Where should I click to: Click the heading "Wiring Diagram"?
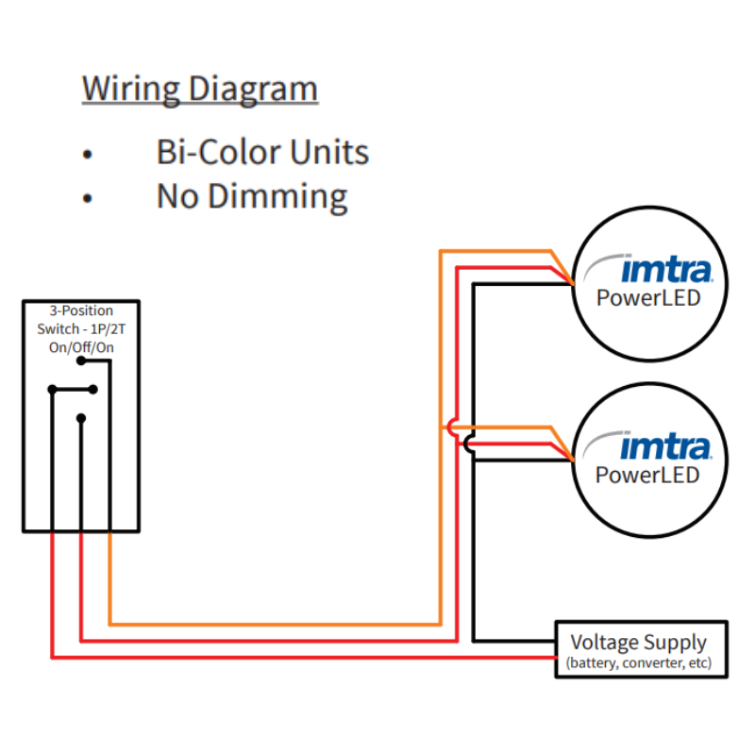tap(200, 89)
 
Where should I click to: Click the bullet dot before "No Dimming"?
tap(88, 198)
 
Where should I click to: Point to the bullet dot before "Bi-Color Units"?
tap(88, 154)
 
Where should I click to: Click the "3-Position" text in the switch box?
tap(81, 310)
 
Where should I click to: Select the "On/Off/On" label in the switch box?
tap(81, 346)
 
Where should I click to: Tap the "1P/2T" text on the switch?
tap(108, 328)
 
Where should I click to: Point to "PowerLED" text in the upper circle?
tap(647, 298)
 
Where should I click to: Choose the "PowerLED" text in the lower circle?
tap(647, 474)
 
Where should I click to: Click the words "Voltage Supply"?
tap(638, 643)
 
